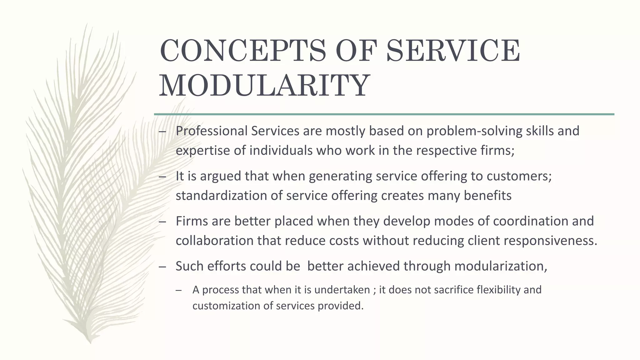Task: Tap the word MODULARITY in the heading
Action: tap(264, 85)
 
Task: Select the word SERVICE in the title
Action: tap(453, 51)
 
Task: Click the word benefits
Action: tap(487, 196)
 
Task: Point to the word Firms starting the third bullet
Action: tap(192, 221)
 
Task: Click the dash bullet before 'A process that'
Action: tap(179, 290)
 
